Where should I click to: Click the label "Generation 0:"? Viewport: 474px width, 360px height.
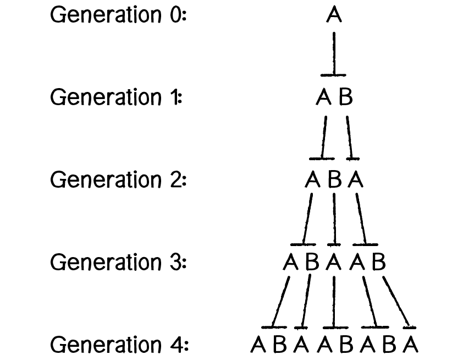pos(119,15)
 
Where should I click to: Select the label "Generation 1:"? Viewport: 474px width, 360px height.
pos(116,98)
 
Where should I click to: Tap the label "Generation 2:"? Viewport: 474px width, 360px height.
pos(119,180)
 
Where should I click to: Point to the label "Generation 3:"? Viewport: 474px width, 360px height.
pos(119,263)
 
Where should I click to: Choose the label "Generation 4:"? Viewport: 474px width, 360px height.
pos(119,345)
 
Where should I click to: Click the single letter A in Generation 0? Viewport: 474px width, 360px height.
pos(334,15)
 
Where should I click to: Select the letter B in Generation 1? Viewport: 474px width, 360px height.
pos(345,98)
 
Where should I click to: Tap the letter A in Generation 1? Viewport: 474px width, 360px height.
pos(323,98)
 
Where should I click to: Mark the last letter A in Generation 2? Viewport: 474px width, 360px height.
pos(356,180)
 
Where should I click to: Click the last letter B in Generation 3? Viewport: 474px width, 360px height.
pos(378,263)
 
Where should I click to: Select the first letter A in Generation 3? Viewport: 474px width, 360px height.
pos(290,263)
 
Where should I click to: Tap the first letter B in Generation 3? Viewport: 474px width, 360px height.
pos(312,263)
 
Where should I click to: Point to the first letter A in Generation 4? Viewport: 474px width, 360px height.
pos(258,345)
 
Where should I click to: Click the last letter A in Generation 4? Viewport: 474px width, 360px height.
pos(410,345)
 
